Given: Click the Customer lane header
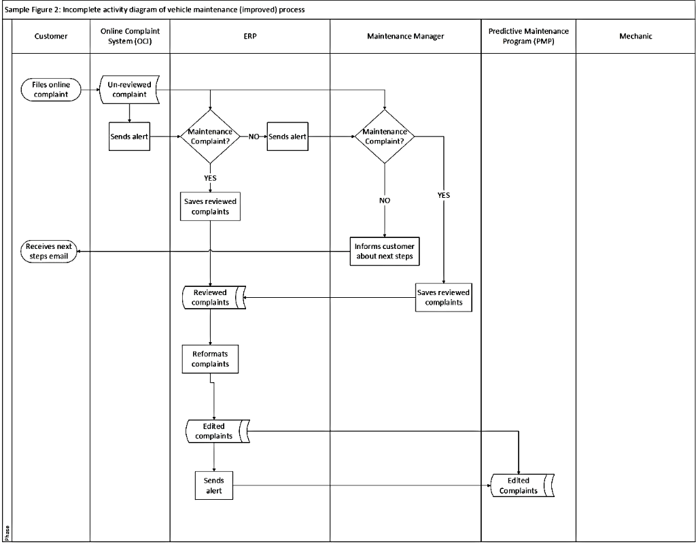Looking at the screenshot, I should [x=51, y=36].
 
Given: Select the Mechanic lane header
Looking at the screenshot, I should [x=635, y=36].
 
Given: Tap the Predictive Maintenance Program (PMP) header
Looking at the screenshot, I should [x=528, y=36].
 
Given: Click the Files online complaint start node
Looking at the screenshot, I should [x=51, y=90].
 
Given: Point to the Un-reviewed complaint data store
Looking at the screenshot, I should [x=129, y=90].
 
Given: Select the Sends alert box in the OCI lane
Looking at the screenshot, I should [x=129, y=137].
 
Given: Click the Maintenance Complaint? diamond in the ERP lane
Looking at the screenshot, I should [x=210, y=137].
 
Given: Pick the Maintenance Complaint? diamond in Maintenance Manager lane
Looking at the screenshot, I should [x=385, y=137].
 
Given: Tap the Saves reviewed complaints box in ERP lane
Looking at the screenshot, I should [x=210, y=206].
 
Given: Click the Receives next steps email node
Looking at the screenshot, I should [x=50, y=251].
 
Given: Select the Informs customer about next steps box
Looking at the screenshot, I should [x=385, y=251].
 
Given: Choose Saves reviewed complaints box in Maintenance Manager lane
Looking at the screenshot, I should [x=443, y=297].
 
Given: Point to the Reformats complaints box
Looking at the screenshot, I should [x=210, y=359].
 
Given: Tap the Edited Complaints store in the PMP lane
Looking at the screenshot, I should [x=521, y=486].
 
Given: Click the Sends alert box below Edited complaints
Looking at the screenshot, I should [x=214, y=485].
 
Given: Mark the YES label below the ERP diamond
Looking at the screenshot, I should [x=210, y=177].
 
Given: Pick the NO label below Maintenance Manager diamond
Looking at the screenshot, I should [x=385, y=201].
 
